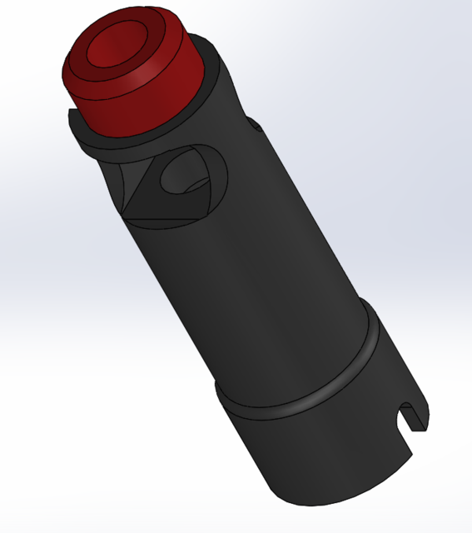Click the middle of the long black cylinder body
(250, 266)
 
